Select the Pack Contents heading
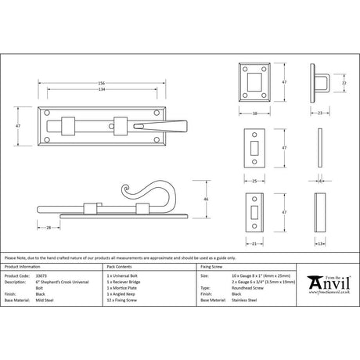click(121, 268)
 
